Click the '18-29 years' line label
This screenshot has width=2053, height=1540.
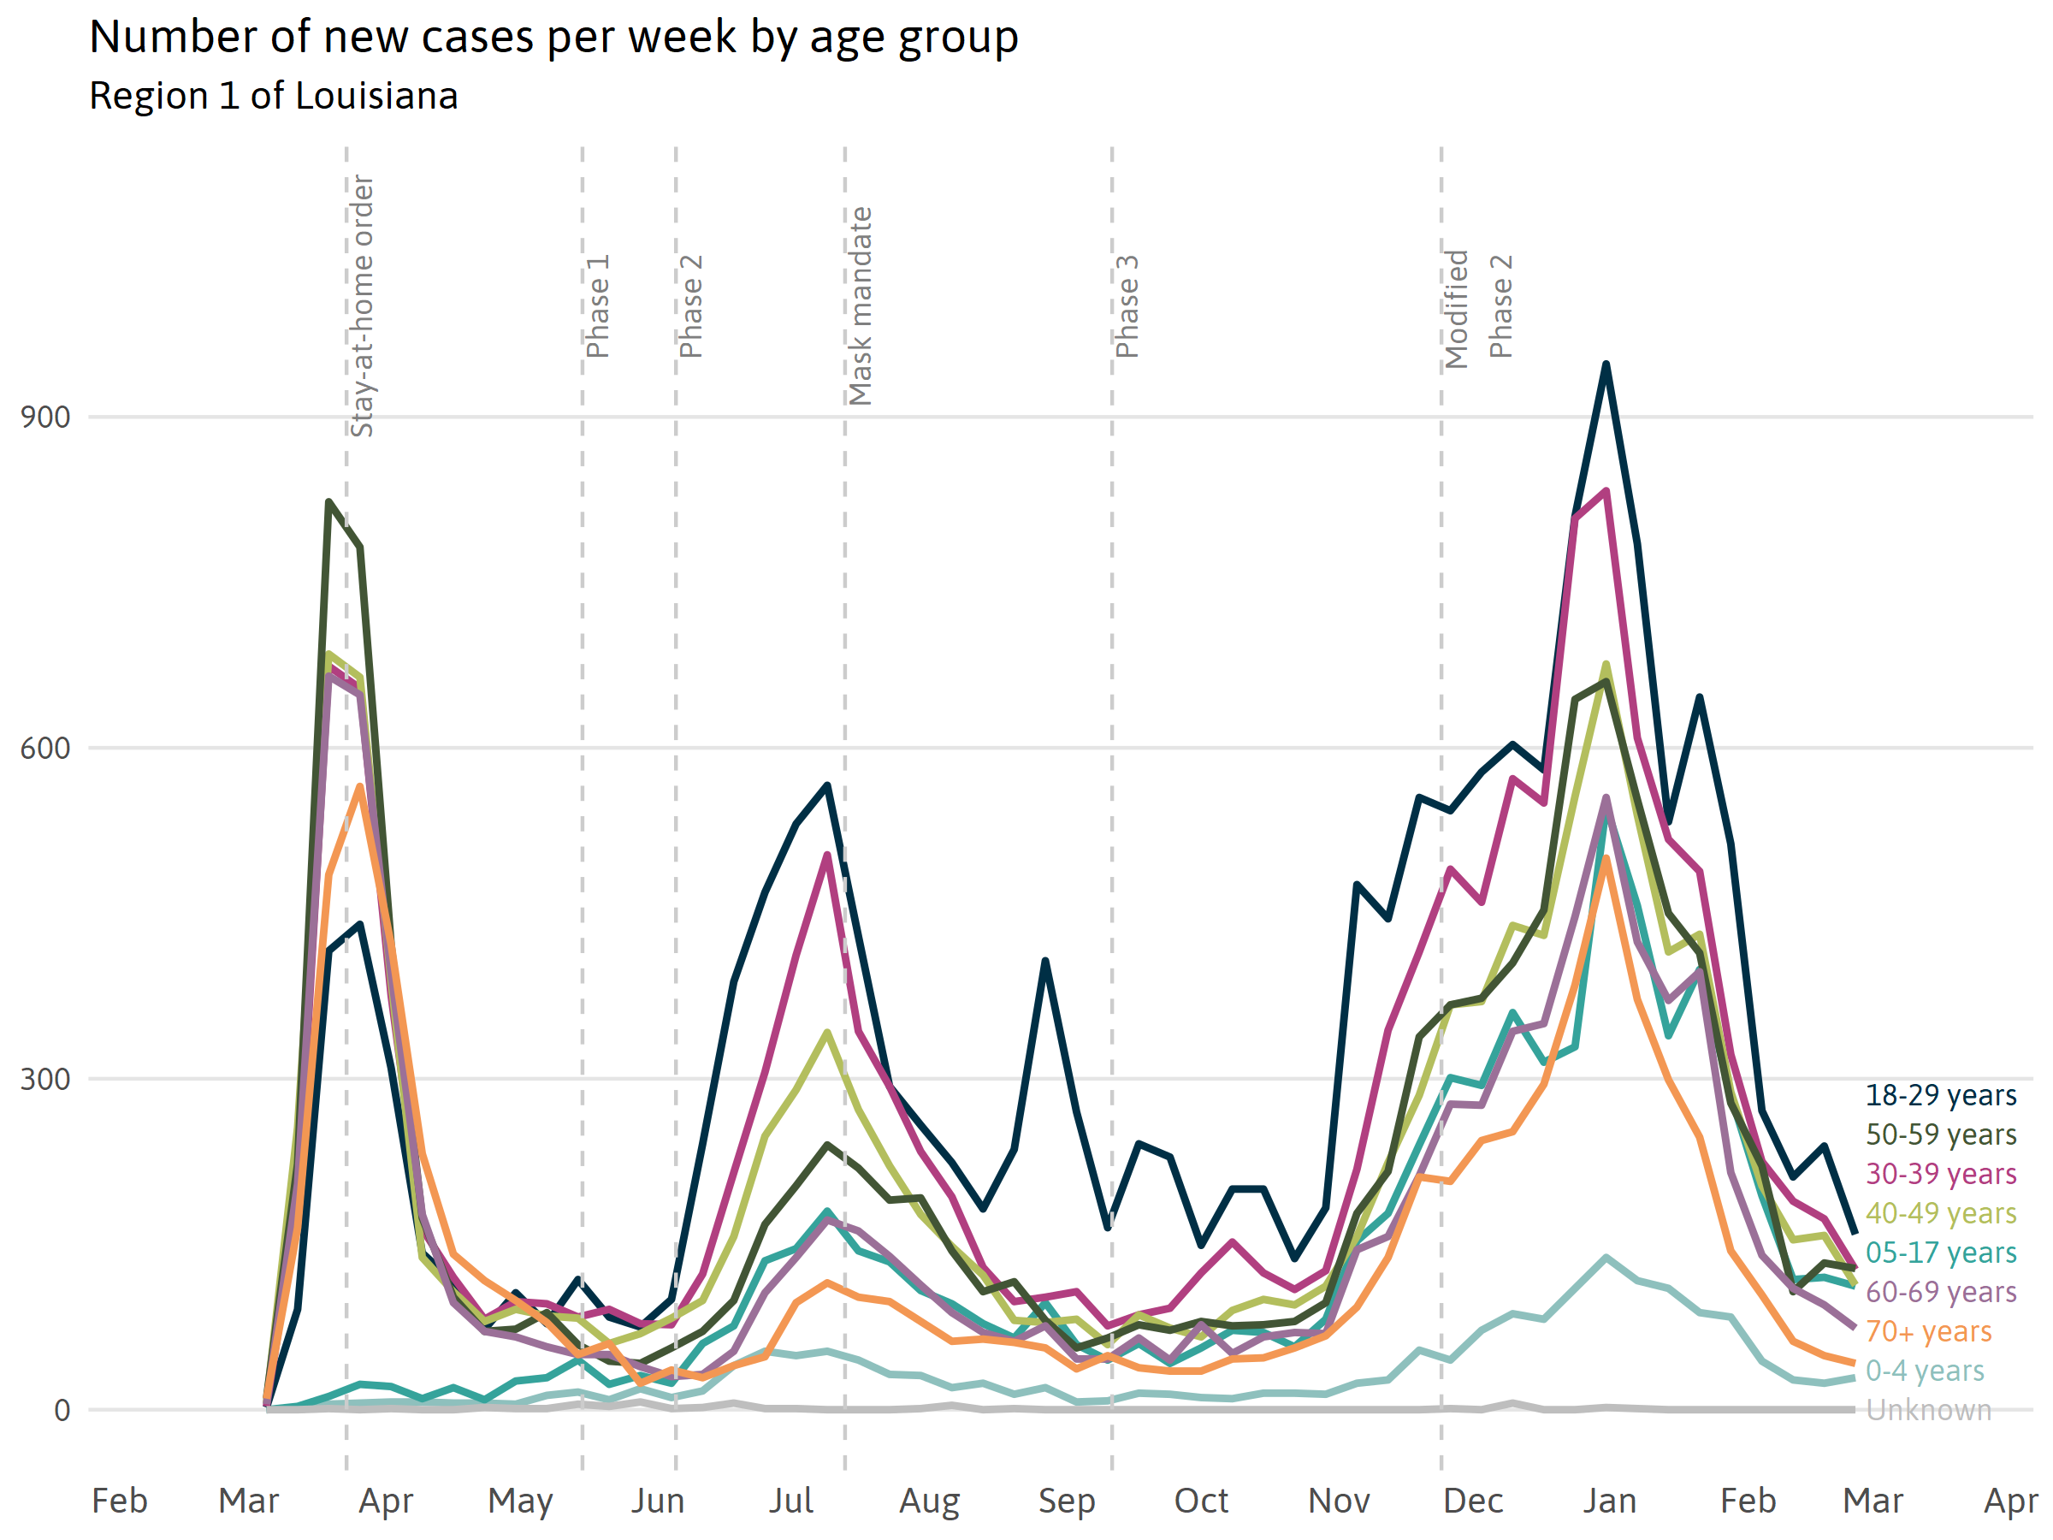1941,1096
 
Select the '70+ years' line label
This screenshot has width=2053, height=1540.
1929,1332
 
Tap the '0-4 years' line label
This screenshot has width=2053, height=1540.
1925,1371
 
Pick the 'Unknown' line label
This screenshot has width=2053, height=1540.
1929,1410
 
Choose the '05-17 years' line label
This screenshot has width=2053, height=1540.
1941,1253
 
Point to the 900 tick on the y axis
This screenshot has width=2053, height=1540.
45,418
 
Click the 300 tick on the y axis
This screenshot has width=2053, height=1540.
45,1080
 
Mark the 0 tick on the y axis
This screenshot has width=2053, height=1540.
62,1411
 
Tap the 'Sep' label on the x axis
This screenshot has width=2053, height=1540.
1067,1501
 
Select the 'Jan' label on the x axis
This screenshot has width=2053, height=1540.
1609,1501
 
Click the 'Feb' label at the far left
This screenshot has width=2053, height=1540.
119,1501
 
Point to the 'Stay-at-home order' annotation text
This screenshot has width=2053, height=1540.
362,306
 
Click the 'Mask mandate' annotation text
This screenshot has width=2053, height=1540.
861,306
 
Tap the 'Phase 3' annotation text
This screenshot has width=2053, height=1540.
1127,306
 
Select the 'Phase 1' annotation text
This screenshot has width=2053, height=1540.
598,306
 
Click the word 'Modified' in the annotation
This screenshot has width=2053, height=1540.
1456,309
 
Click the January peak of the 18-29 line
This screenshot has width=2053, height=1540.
1606,364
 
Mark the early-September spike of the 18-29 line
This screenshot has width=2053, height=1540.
1045,961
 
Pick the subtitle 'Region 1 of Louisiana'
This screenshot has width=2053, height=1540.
274,97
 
